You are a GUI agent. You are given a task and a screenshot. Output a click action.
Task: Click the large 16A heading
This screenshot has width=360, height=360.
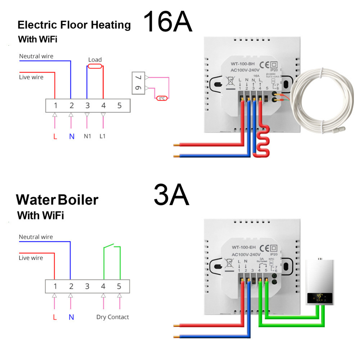(x=168, y=22)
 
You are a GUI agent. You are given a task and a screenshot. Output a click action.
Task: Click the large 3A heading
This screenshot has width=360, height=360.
(x=171, y=195)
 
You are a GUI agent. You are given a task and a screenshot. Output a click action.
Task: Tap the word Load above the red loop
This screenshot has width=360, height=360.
(x=95, y=60)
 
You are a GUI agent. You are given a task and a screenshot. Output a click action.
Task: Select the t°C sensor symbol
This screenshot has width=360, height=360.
(x=161, y=98)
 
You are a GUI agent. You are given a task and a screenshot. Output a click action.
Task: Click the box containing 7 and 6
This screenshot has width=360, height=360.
(x=138, y=83)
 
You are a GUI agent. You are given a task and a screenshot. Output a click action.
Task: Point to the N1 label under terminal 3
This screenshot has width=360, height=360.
(x=87, y=136)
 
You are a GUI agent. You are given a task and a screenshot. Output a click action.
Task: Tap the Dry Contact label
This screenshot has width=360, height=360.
(x=112, y=317)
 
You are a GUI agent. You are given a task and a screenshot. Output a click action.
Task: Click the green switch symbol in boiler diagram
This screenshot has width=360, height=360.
(x=112, y=247)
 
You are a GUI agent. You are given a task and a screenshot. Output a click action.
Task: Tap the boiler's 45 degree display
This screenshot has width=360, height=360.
(x=319, y=297)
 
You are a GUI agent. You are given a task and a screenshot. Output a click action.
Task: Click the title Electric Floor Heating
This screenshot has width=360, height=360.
(x=74, y=25)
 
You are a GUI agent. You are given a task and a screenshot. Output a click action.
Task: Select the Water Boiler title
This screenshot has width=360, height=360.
(x=57, y=200)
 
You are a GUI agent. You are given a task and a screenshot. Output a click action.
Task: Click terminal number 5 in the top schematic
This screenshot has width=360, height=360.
(x=119, y=106)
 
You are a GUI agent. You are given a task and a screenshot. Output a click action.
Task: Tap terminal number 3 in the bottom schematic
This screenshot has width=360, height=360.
(x=87, y=287)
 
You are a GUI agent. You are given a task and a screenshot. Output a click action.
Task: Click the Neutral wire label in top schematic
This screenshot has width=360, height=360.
(x=36, y=56)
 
